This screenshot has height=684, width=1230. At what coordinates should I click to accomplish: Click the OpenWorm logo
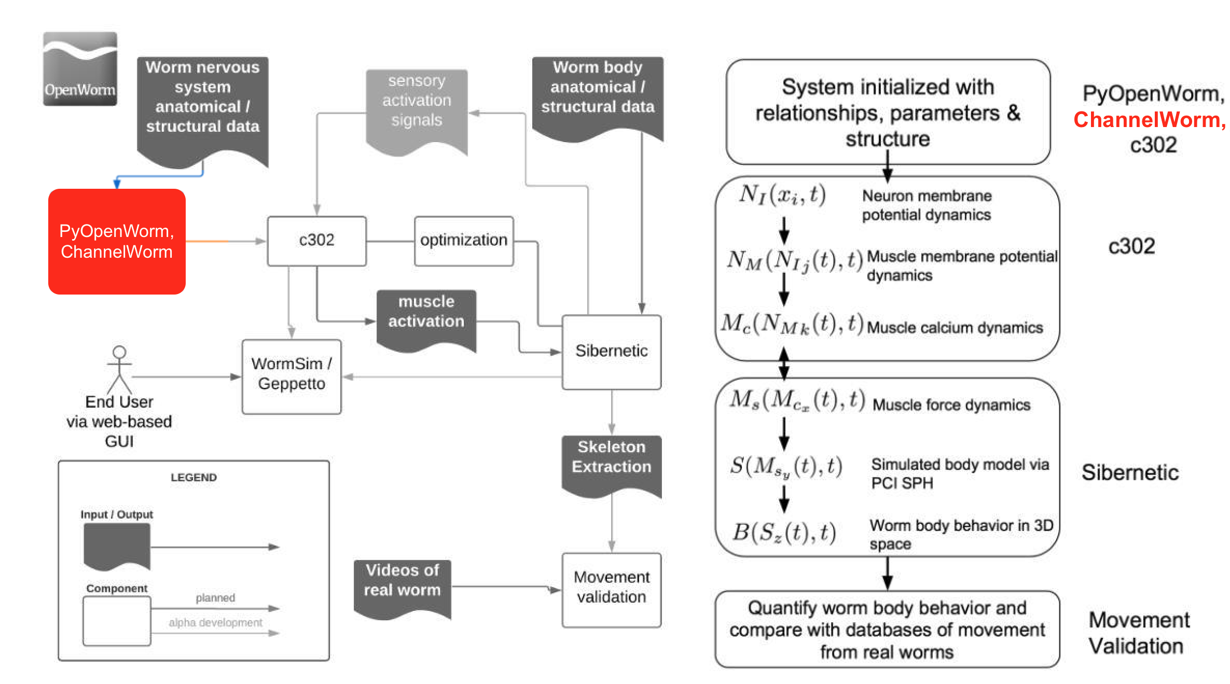click(80, 68)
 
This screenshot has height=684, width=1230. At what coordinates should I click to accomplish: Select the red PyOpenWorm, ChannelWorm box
click(117, 241)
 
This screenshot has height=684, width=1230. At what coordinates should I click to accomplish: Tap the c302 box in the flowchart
click(316, 241)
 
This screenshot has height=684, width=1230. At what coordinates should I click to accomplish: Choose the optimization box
click(464, 241)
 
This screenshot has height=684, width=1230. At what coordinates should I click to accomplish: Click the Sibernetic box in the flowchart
click(612, 352)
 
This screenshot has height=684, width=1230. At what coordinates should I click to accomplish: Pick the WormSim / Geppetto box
click(292, 376)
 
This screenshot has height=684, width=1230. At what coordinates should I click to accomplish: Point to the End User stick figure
click(119, 370)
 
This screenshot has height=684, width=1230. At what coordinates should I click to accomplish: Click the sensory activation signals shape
click(417, 111)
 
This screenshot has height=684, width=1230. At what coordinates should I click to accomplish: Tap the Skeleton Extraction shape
click(612, 466)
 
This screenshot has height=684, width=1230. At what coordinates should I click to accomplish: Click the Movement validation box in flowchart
click(612, 590)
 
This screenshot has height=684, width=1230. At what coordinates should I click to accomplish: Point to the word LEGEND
click(194, 477)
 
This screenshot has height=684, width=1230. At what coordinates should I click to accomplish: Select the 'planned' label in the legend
click(215, 597)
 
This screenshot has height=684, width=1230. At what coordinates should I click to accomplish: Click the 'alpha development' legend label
click(215, 622)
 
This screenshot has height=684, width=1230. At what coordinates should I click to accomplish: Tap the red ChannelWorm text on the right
click(1150, 120)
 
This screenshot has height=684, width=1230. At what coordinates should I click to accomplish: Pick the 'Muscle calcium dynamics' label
click(955, 328)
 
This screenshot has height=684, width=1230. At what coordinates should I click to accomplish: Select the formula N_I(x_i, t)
click(782, 195)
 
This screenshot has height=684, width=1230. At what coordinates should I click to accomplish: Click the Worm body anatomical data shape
click(598, 99)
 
